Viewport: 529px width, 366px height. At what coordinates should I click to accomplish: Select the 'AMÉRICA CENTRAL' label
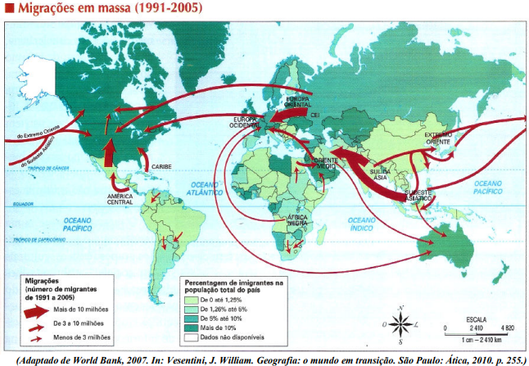click(x=120, y=200)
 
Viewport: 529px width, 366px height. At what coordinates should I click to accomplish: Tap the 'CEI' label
click(x=314, y=115)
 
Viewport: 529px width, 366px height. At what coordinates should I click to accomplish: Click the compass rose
click(x=401, y=325)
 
